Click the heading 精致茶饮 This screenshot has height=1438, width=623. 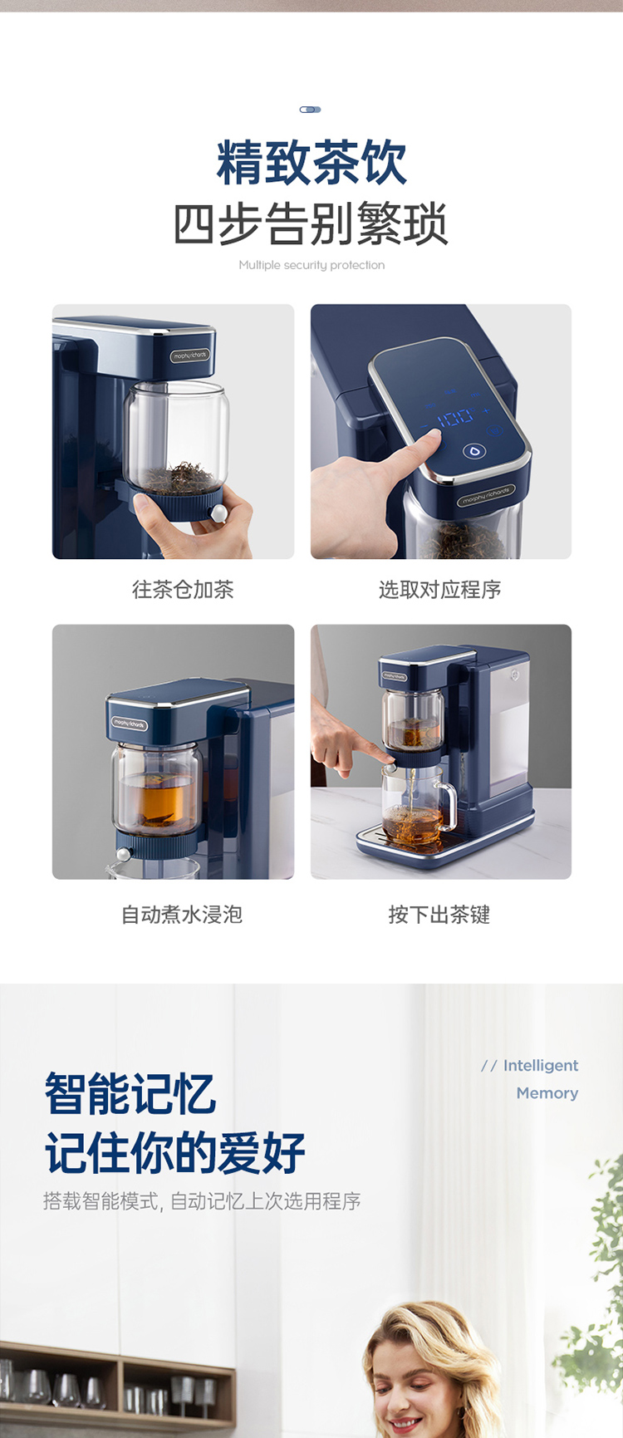tap(311, 163)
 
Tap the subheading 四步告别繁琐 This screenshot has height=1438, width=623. tap(311, 223)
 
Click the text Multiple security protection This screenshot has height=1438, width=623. tap(311, 265)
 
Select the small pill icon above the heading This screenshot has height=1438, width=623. tap(311, 110)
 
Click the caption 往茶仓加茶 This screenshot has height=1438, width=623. tap(183, 590)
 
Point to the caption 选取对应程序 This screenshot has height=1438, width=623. tap(440, 590)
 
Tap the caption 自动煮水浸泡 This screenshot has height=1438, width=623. tap(182, 915)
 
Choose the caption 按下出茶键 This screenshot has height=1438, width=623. tap(439, 915)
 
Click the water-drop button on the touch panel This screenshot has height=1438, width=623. tap(474, 452)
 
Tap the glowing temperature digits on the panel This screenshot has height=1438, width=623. tap(455, 417)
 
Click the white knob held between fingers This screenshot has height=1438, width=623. tap(218, 514)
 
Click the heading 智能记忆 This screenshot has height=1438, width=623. tap(130, 1093)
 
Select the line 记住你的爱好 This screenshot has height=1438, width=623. tap(175, 1153)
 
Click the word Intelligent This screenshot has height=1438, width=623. tap(541, 1066)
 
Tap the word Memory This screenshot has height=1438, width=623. tap(547, 1093)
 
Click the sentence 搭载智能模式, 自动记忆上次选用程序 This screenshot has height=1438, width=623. tap(202, 1201)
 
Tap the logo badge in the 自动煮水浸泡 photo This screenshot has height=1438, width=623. tap(130, 724)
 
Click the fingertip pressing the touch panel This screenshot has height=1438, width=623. tap(431, 439)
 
